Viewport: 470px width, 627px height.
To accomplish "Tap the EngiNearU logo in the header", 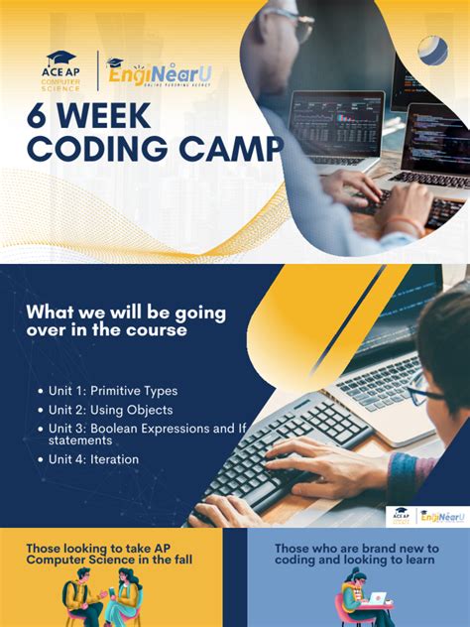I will click(x=159, y=72).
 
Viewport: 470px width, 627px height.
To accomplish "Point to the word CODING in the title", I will click(x=103, y=150).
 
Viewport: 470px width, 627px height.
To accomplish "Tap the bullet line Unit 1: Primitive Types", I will click(x=113, y=391).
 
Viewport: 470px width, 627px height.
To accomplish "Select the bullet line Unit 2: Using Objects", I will click(x=110, y=410).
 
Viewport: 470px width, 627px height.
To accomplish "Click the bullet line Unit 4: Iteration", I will click(x=93, y=459).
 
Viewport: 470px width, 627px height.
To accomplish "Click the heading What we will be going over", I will click(x=125, y=320).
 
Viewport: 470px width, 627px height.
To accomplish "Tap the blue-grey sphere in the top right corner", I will click(x=432, y=49).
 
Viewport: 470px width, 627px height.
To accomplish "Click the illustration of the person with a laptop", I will click(x=361, y=601).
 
